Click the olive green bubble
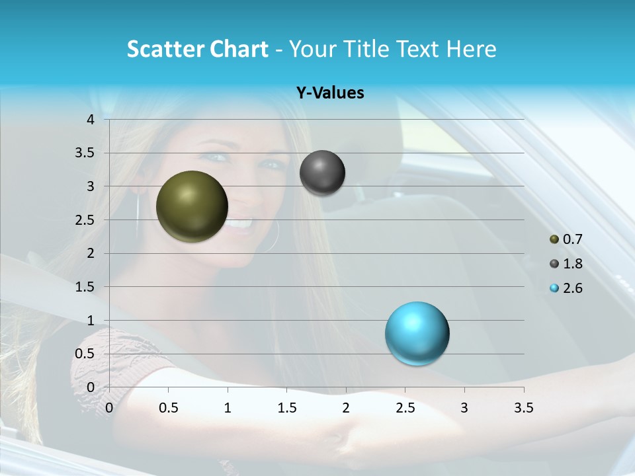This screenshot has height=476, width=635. click(192, 206)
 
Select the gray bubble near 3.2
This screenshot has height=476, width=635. click(322, 173)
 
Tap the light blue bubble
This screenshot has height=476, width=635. click(417, 333)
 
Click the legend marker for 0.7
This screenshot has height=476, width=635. click(554, 239)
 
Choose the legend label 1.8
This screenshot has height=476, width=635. click(572, 264)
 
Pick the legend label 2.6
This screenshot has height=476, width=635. click(572, 288)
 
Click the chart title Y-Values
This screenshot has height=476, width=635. click(329, 93)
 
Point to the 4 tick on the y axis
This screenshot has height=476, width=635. click(91, 120)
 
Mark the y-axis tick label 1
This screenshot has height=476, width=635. click(91, 321)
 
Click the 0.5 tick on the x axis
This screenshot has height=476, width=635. click(168, 408)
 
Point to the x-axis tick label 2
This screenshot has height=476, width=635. click(346, 408)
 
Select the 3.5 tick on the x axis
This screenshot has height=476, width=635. click(523, 408)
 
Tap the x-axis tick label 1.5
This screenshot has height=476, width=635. click(286, 408)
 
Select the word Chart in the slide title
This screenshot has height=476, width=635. click(239, 49)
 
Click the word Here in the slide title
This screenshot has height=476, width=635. click(470, 49)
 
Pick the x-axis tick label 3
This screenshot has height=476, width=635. click(464, 408)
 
